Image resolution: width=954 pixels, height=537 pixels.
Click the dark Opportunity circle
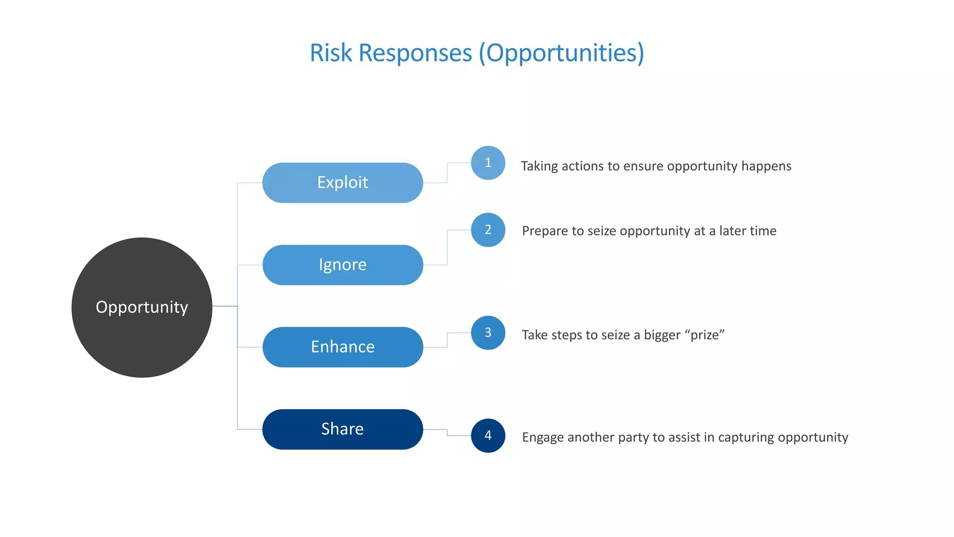click(142, 308)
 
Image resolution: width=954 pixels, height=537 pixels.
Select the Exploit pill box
click(342, 183)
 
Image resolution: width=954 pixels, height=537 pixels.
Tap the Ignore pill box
click(342, 265)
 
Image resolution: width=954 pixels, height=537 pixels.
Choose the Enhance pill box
click(342, 347)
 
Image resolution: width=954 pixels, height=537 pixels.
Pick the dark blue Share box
click(342, 429)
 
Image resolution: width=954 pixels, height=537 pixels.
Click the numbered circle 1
click(488, 163)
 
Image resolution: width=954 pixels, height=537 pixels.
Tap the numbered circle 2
click(488, 230)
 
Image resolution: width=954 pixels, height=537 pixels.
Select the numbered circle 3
click(488, 333)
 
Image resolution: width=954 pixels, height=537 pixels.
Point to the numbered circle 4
click(488, 436)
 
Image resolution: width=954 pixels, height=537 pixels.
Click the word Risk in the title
click(331, 53)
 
